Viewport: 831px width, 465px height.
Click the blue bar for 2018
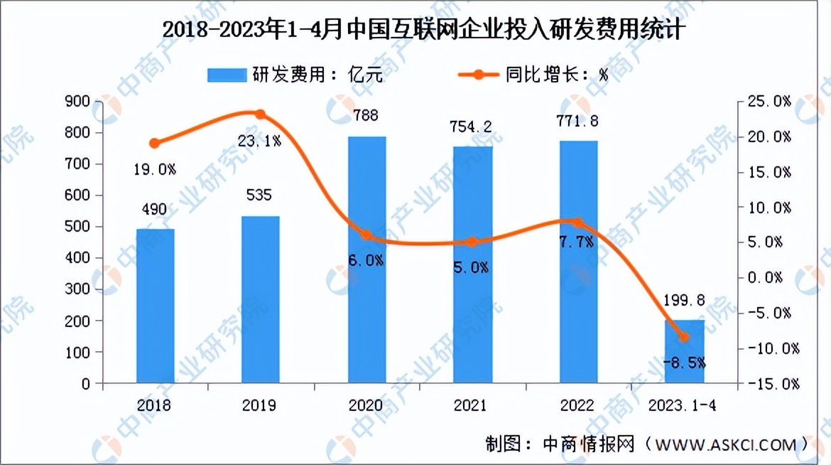(x=156, y=306)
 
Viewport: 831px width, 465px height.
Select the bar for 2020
(x=367, y=260)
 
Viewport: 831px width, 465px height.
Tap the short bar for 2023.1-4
(x=685, y=351)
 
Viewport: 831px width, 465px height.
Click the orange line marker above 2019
(x=260, y=114)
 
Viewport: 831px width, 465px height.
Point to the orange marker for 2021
(x=473, y=242)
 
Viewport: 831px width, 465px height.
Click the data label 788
(x=366, y=115)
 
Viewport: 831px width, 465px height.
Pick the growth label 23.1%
(x=259, y=141)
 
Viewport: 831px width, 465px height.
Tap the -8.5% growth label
(x=684, y=363)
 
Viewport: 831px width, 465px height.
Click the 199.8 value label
(x=685, y=301)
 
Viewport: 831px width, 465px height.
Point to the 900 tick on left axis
(x=78, y=102)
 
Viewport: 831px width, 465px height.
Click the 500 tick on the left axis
(x=78, y=227)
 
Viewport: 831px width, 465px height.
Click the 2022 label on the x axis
(x=578, y=405)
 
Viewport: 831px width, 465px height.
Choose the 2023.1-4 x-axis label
(x=685, y=405)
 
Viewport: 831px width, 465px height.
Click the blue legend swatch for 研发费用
(x=225, y=75)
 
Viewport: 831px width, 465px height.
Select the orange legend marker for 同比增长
(x=477, y=75)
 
